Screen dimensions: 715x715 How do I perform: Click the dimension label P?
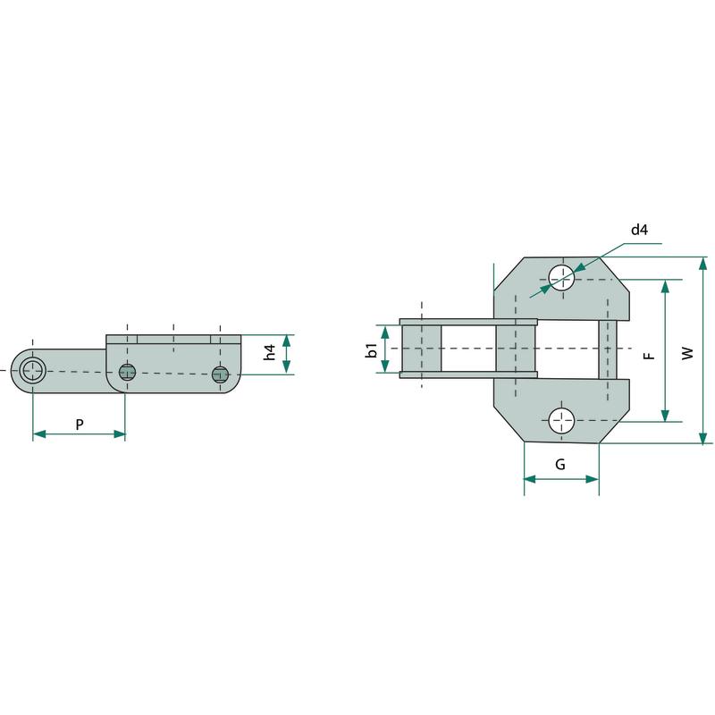tap(80, 425)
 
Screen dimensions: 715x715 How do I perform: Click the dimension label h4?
tap(270, 352)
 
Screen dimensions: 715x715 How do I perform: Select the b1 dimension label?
tap(372, 350)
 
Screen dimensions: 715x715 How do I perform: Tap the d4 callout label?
tap(639, 230)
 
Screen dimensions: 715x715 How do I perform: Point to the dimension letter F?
tap(650, 354)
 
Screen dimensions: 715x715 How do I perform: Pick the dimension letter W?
tap(687, 353)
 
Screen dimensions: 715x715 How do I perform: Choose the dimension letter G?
tap(560, 464)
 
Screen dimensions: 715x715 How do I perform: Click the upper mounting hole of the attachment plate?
tap(561, 277)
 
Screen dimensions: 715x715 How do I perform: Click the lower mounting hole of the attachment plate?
tap(561, 420)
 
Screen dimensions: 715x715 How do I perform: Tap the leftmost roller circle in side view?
tap(33, 370)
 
